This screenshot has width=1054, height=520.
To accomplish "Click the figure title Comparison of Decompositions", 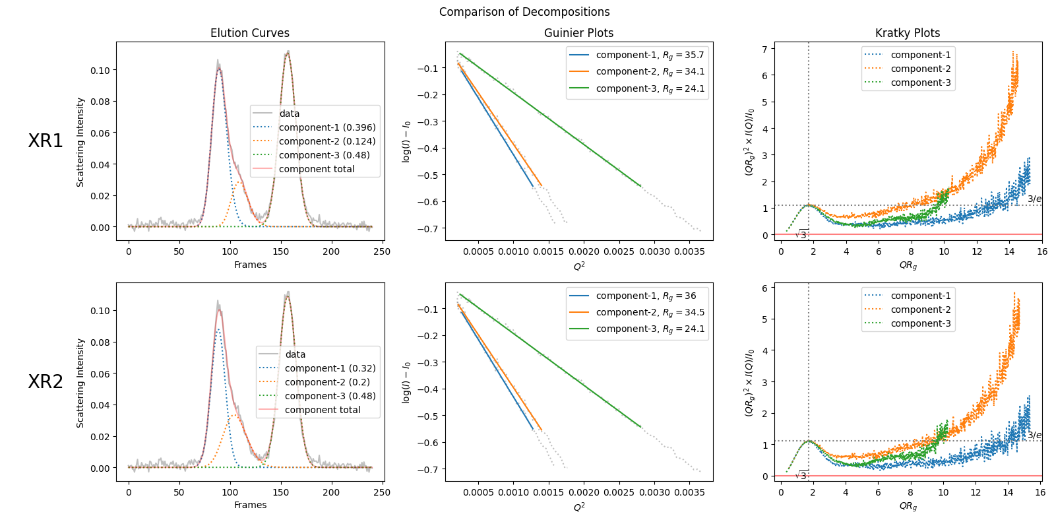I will pos(524,12).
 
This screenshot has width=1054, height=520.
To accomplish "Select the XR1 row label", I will pos(46,141).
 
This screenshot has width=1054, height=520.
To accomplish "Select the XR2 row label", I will pos(46,381).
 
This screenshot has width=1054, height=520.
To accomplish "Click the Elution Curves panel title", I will pos(249,33).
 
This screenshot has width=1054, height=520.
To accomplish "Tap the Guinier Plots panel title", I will pos(578,33).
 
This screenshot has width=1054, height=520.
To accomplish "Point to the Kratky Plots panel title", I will pos(908,33).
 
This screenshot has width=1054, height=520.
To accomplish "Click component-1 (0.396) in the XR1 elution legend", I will pos(327,127).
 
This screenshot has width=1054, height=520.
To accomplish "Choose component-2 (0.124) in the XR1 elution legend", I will pos(327,141).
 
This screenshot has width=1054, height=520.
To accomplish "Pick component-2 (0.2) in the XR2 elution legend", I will pos(327,382).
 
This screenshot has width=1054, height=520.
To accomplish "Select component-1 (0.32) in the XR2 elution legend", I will pos(330,368).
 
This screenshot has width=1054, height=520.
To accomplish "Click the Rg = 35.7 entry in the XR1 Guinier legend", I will pos(650,55).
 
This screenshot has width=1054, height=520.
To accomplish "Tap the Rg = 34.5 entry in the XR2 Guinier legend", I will pos(650,312).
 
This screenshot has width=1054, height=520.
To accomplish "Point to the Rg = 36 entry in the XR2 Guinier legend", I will pos(646,296).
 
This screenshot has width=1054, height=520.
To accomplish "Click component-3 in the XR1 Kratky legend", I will pos(921,82).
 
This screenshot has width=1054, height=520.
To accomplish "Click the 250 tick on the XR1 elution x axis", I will pos(382,251).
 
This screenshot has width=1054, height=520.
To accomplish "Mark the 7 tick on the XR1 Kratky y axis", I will pos(764,49).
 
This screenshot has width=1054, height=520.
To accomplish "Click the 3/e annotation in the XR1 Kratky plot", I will pos(1034,199).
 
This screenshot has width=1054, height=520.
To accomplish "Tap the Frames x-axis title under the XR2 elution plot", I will pos(250,505).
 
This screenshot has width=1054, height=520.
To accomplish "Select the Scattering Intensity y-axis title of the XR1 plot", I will pos(80,142).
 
